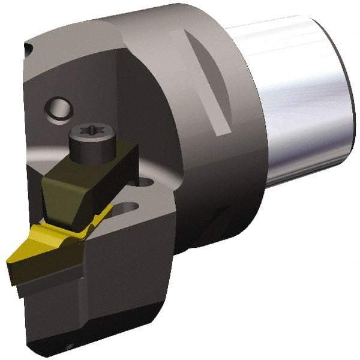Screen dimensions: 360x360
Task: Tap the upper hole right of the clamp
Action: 149,178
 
